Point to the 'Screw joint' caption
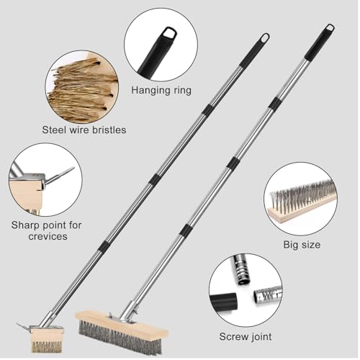245,336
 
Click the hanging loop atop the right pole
330,28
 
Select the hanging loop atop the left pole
265,37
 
